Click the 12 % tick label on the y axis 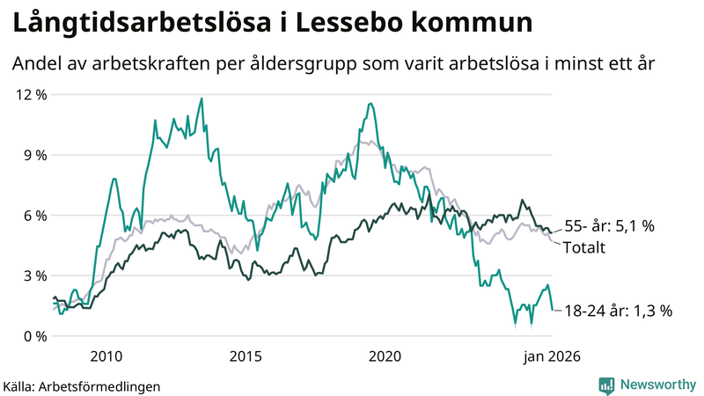pyautogui.click(x=29, y=94)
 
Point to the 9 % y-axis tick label pyautogui.click(x=33, y=155)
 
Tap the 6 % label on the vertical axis pyautogui.click(x=33, y=216)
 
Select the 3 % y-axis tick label pyautogui.click(x=33, y=275)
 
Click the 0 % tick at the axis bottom pyautogui.click(x=33, y=336)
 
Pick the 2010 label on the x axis pyautogui.click(x=106, y=356)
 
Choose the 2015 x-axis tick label pyautogui.click(x=246, y=356)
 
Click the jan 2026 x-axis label pyautogui.click(x=552, y=356)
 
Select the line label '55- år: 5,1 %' pyautogui.click(x=608, y=226)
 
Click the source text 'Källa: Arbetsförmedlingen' pyautogui.click(x=82, y=385)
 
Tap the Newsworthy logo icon pyautogui.click(x=606, y=385)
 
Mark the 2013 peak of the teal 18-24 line pyautogui.click(x=202, y=99)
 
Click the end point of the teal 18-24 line pyautogui.click(x=553, y=310)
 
